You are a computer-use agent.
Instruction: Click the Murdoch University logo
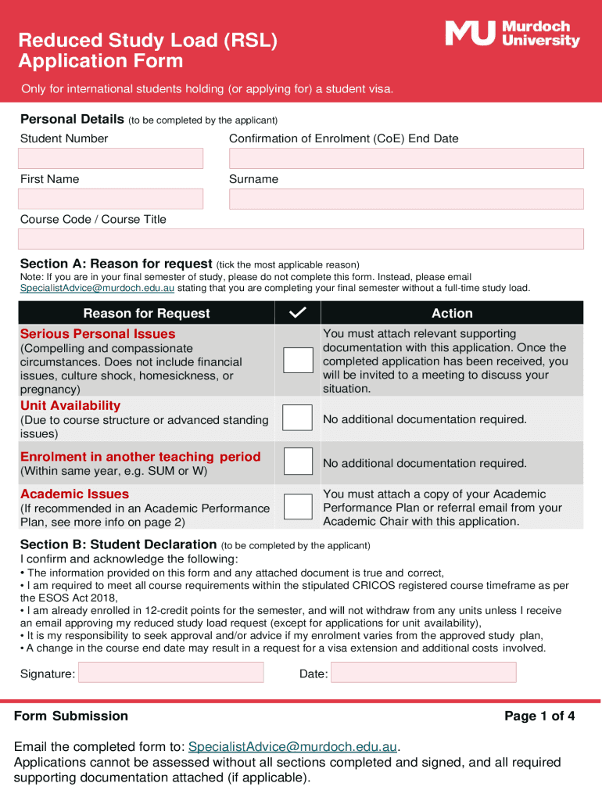(512, 34)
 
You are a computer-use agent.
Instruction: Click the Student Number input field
(110, 159)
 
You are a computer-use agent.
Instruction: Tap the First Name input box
(110, 199)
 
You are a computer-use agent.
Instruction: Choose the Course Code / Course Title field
(300, 239)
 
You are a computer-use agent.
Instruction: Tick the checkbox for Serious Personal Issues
(297, 360)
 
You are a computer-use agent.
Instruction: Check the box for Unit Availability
(297, 418)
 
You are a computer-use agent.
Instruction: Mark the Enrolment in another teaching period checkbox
(297, 462)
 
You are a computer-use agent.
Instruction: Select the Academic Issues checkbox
(297, 507)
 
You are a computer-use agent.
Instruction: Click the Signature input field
(170, 673)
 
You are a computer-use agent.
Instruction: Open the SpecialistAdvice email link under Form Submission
(293, 746)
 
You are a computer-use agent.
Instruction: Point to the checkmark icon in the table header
(297, 313)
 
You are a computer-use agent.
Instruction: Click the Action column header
(452, 313)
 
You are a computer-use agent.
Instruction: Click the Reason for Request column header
(146, 313)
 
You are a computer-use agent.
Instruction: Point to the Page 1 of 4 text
(539, 716)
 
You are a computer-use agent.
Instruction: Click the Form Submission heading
(71, 716)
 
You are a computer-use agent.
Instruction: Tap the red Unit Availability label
(70, 405)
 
